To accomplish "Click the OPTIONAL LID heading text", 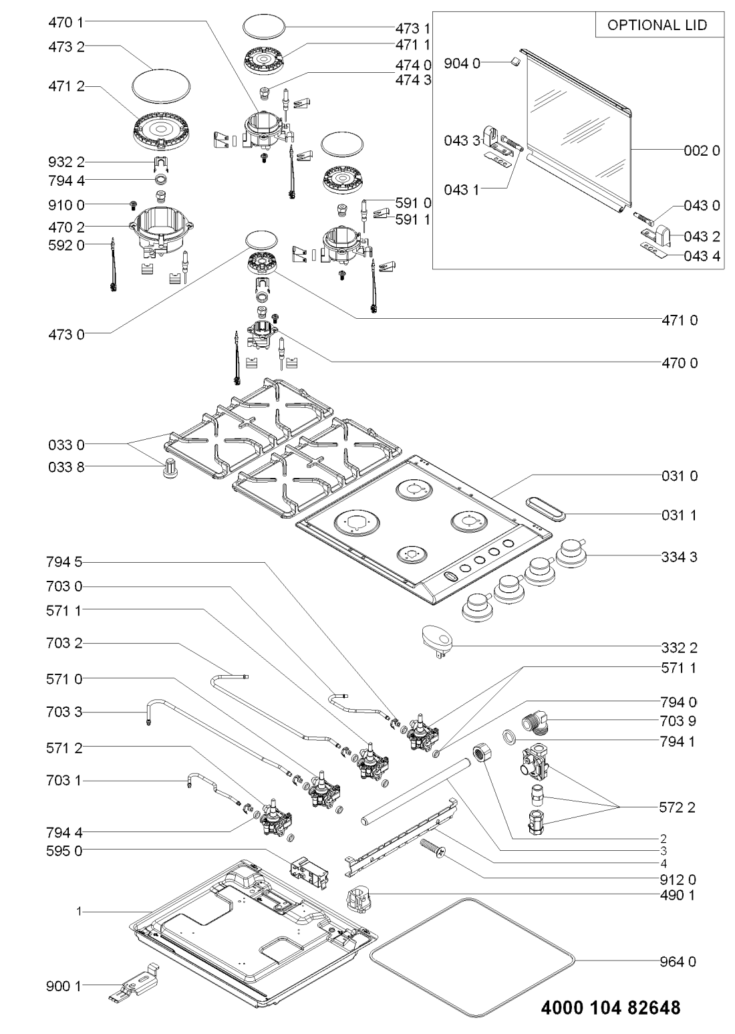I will (655, 26).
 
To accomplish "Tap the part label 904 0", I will (466, 65).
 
